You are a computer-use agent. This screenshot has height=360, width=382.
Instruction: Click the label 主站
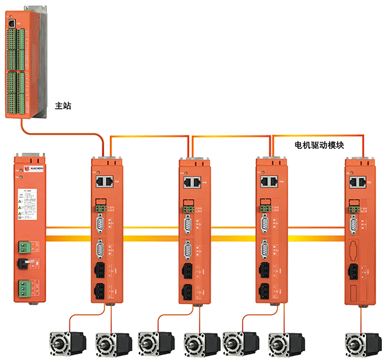click(x=64, y=106)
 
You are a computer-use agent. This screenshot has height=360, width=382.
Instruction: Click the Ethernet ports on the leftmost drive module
click(x=105, y=181)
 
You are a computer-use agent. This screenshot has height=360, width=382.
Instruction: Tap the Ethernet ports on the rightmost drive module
click(x=358, y=182)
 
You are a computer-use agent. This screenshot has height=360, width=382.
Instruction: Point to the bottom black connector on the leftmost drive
click(x=100, y=292)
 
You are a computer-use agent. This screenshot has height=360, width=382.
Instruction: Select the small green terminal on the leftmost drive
click(x=101, y=206)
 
